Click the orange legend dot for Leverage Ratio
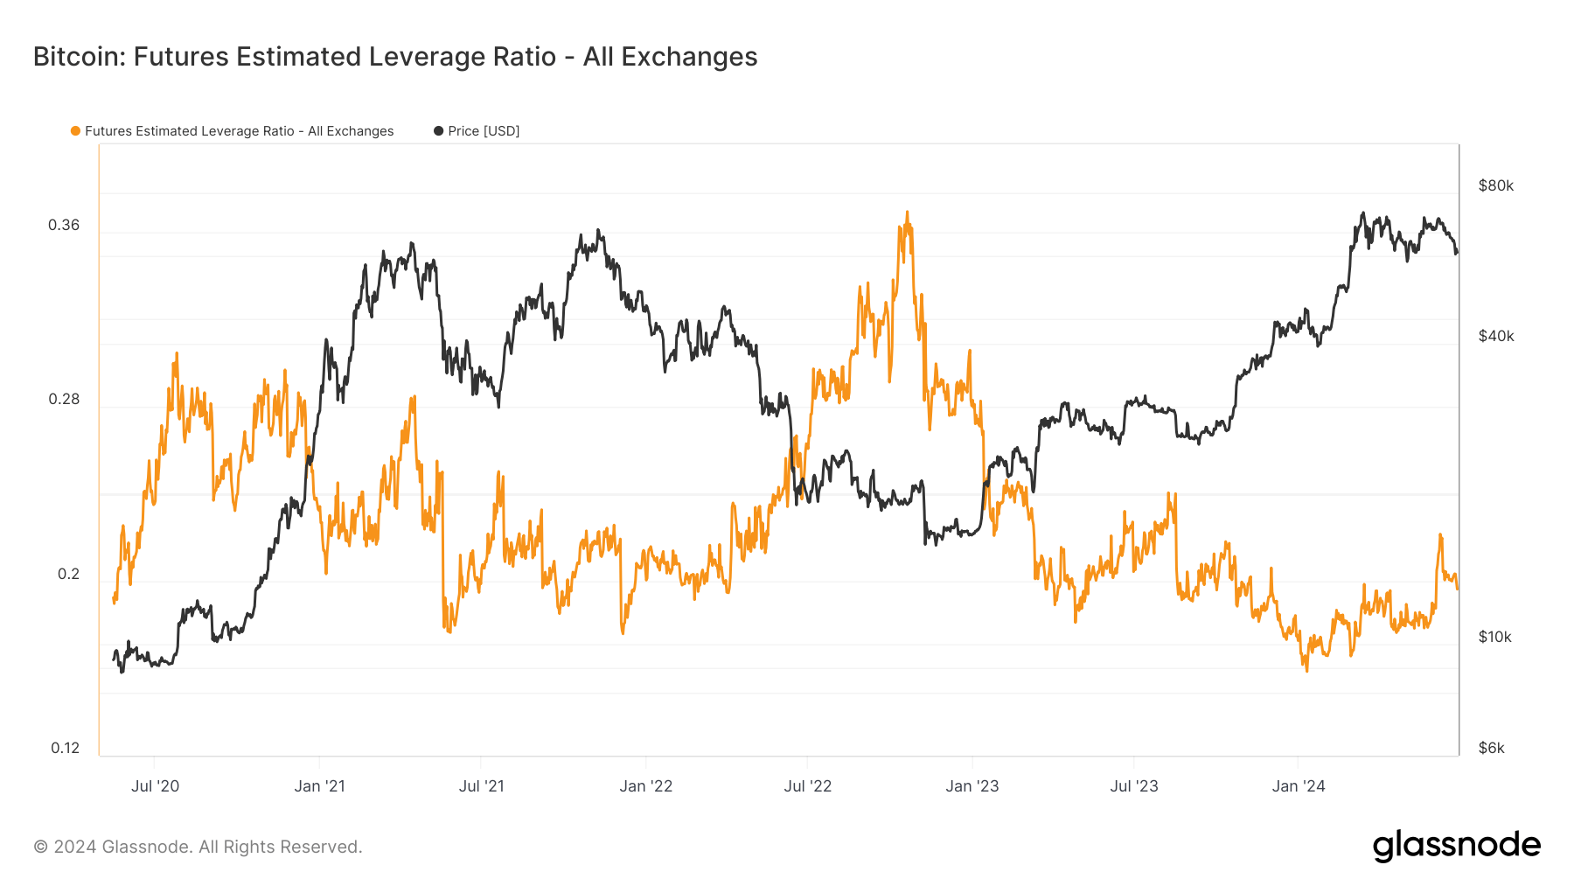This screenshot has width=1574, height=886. click(x=75, y=131)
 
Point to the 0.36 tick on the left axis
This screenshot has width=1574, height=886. click(x=64, y=225)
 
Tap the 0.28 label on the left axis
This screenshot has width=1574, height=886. click(x=64, y=399)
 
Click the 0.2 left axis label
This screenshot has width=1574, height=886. click(x=68, y=574)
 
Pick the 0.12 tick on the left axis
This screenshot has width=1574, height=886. click(x=65, y=748)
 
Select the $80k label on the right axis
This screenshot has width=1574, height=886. click(x=1495, y=185)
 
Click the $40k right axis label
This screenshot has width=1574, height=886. click(x=1495, y=336)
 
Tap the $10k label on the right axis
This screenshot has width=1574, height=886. click(x=1494, y=637)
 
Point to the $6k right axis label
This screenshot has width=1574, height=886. click(x=1491, y=748)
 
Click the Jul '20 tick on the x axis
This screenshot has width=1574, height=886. click(x=155, y=786)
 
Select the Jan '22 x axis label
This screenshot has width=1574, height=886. click(x=645, y=786)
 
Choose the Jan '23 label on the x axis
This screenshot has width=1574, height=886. click(x=972, y=786)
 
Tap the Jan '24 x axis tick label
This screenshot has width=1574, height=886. click(x=1298, y=786)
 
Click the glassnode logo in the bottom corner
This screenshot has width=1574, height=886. click(x=1456, y=846)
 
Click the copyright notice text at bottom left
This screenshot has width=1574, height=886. click(x=198, y=847)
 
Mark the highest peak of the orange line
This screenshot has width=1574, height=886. click(x=907, y=212)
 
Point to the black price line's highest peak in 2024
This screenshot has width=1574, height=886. click(x=1363, y=213)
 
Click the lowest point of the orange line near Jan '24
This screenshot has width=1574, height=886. click(x=1306, y=671)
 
